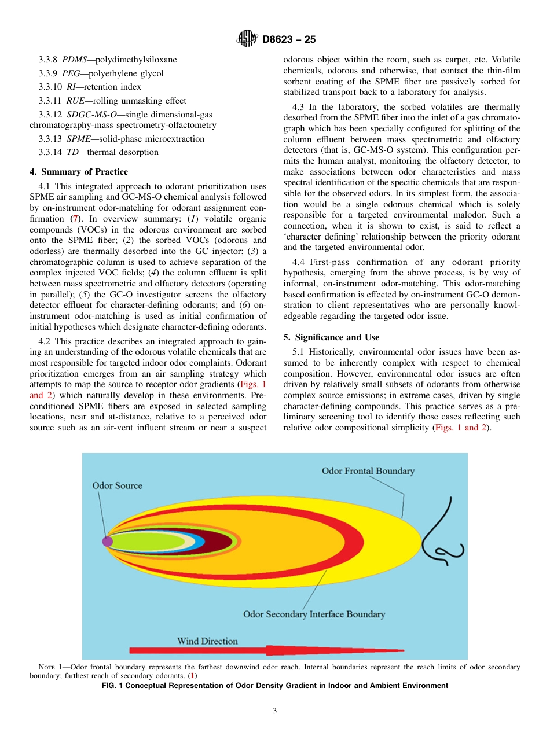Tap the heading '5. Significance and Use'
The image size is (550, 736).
(x=331, y=337)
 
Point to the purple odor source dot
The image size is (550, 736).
(x=107, y=542)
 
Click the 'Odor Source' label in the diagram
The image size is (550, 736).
(x=117, y=485)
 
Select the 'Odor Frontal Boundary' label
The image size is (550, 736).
(x=368, y=471)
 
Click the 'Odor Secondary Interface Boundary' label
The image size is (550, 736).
(x=314, y=614)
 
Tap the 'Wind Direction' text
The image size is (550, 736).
(x=207, y=641)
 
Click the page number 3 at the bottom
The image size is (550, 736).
(x=275, y=711)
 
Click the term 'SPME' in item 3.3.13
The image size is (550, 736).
(x=78, y=139)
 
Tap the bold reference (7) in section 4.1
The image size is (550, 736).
(x=74, y=219)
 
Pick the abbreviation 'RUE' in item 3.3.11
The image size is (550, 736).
(x=75, y=101)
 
